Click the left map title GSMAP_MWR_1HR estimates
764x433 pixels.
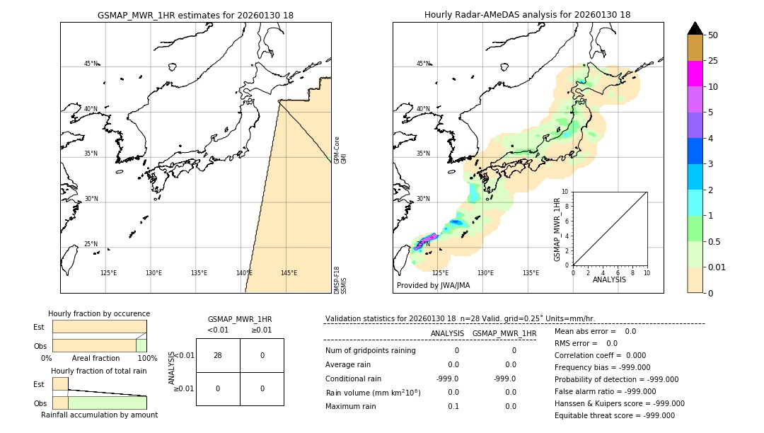coord(195,15)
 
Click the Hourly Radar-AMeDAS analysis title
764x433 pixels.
coord(527,15)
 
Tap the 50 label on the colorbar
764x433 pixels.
coord(713,35)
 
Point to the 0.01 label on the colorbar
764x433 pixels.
coord(717,267)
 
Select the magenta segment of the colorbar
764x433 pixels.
coord(695,74)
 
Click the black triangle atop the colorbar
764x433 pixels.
coord(695,28)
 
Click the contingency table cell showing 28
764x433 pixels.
coord(217,355)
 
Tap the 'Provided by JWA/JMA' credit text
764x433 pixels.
coord(433,286)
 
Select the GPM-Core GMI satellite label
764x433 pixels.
coord(340,150)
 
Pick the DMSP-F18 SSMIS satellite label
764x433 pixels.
coord(340,279)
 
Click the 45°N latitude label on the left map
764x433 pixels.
coord(91,64)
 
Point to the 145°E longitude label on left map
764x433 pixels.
coord(289,273)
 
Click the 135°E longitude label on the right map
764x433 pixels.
coord(531,273)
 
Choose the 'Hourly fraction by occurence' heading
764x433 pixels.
coord(99,313)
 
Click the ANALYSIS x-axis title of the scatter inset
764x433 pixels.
coord(610,279)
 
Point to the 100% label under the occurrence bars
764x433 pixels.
coord(147,358)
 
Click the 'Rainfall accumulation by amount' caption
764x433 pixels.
coord(99,415)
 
